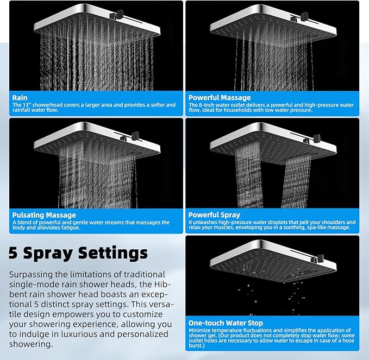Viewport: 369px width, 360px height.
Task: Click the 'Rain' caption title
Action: click(x=20, y=98)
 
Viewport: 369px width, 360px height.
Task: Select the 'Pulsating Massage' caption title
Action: click(x=44, y=215)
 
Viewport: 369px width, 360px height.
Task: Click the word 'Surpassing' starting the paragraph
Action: click(x=32, y=275)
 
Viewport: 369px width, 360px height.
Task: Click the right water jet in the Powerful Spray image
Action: click(x=297, y=179)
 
